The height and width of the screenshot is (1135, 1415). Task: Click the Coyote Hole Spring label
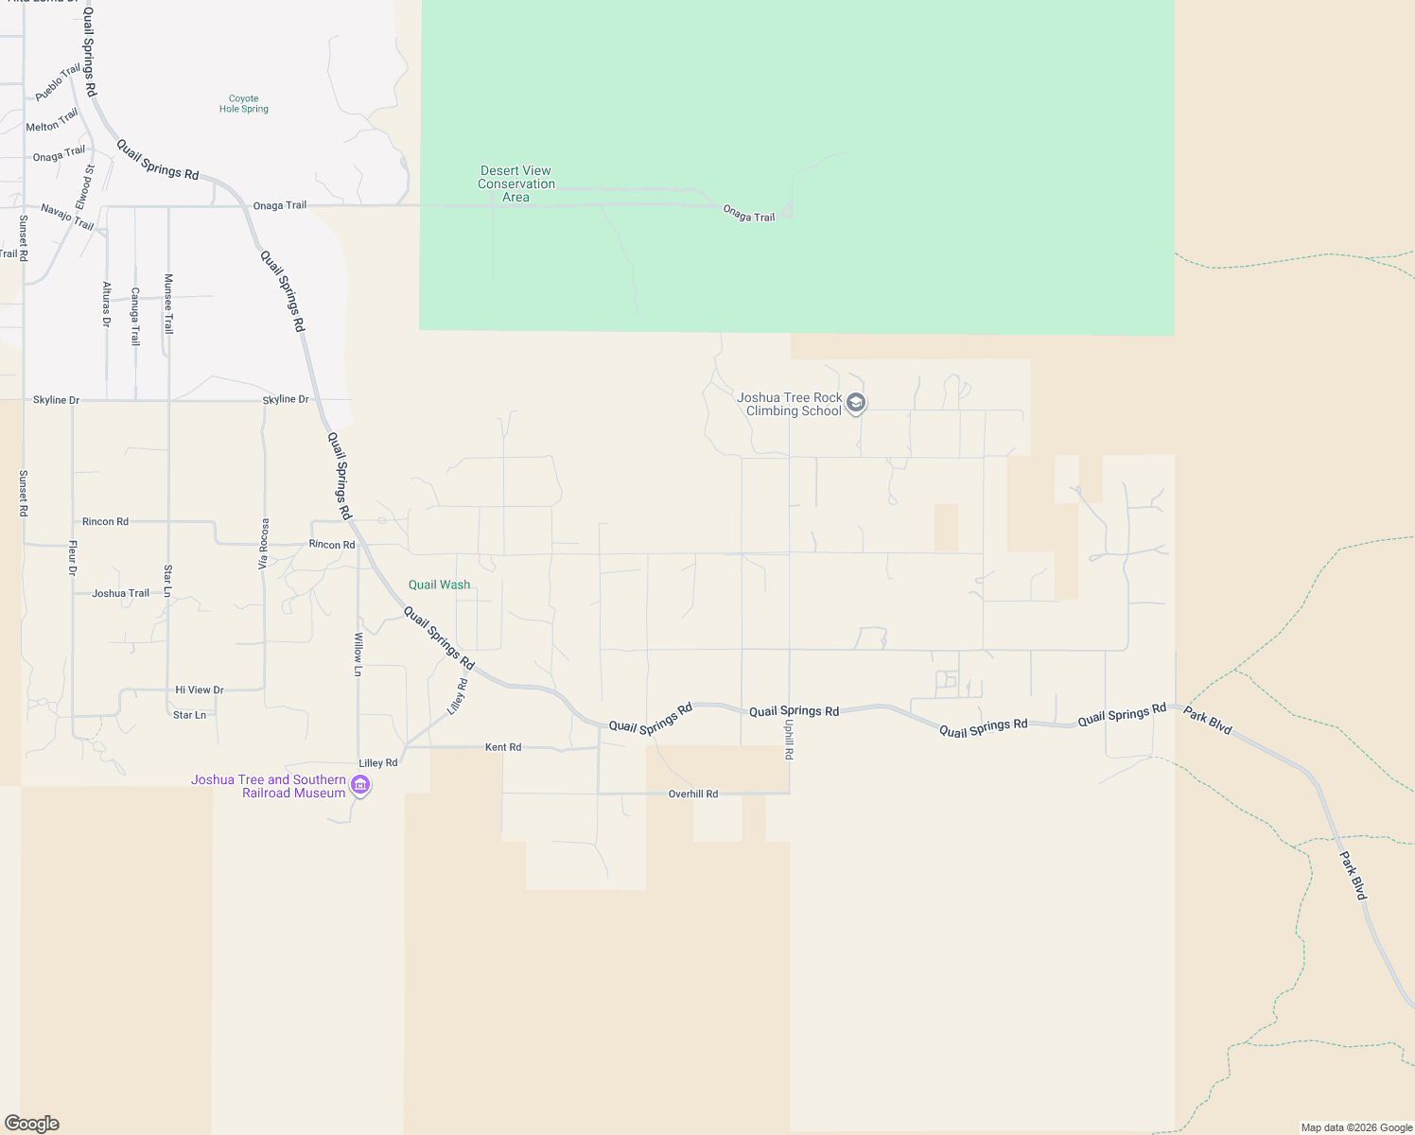point(243,104)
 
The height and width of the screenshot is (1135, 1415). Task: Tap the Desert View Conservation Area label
point(515,184)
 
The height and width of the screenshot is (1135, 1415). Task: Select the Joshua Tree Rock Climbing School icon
point(856,404)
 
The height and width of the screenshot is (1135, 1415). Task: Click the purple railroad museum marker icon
point(359,785)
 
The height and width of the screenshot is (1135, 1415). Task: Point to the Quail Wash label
point(439,585)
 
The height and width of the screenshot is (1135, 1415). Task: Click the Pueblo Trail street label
point(58,83)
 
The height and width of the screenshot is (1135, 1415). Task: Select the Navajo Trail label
point(67,218)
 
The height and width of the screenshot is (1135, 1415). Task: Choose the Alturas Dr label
point(106,304)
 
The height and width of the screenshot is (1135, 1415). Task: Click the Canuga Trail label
point(135,317)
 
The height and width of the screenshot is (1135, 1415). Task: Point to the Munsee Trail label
point(168,304)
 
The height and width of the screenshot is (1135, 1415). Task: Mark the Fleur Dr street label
point(73,558)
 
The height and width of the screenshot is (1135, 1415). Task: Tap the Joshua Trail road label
point(120,594)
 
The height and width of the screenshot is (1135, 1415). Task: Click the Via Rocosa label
point(264,543)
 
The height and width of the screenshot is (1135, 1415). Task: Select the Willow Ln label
point(358,655)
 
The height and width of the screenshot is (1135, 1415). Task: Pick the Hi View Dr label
point(200,690)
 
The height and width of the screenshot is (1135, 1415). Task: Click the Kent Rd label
point(503,747)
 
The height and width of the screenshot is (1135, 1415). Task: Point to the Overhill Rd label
point(693,794)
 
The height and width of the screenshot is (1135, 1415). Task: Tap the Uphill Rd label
point(789,740)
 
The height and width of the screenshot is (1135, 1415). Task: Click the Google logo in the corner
point(32,1124)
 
